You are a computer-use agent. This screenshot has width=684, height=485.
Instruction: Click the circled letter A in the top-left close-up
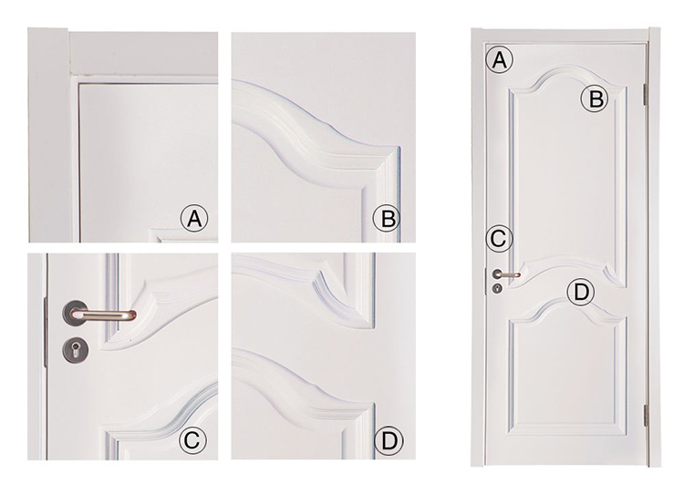[194, 218]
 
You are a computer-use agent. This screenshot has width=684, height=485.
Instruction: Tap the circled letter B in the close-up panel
[387, 218]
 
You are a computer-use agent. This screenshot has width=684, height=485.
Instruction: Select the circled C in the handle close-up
[192, 440]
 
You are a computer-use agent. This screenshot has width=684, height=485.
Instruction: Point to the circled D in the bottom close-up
[389, 440]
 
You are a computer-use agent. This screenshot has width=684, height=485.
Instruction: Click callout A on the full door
[500, 60]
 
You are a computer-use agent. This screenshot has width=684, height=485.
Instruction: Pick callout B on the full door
[594, 98]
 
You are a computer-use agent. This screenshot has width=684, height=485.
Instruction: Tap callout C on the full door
[499, 239]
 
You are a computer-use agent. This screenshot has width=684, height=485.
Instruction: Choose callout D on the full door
[581, 293]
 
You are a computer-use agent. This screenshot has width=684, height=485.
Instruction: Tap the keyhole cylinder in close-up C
[75, 349]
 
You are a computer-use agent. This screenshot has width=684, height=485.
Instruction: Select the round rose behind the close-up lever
[75, 313]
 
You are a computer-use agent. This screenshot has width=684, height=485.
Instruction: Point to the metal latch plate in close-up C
[45, 333]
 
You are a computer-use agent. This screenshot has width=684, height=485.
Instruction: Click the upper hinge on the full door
[645, 94]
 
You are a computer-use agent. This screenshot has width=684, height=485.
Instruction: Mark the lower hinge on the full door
[646, 416]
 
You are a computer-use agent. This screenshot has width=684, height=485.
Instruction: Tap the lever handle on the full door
[506, 274]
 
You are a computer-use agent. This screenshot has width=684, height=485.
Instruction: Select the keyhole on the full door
[498, 288]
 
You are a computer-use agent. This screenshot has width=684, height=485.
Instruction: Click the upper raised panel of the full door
[566, 174]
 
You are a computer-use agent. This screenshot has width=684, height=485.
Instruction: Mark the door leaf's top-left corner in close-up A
[79, 84]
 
